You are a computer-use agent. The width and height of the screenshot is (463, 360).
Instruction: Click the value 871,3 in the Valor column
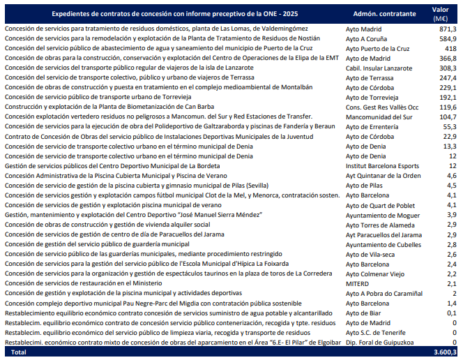point(447,29)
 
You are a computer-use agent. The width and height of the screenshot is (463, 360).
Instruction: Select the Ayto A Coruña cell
point(368,38)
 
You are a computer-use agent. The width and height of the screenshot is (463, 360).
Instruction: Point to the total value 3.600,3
point(442,354)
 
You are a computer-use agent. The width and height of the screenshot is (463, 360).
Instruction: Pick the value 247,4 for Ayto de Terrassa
point(447,77)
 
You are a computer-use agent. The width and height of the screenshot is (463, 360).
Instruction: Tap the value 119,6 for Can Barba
point(447,107)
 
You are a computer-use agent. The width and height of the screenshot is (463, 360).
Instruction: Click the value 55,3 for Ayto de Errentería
point(449,127)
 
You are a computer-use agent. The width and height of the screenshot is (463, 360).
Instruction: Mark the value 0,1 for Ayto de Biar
point(451,314)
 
